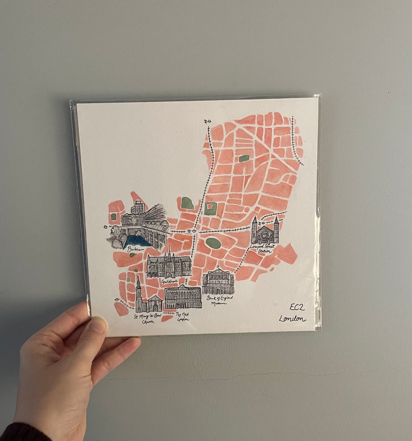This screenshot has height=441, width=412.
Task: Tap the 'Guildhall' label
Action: pos(169,281)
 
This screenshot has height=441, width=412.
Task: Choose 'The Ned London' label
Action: pos(182,316)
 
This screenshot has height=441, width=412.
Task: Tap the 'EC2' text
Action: pos(297,307)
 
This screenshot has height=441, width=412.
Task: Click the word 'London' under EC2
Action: pos(292,318)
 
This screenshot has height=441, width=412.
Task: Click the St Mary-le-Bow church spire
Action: pos(138,284)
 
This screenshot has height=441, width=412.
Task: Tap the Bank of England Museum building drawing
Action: pos(217,282)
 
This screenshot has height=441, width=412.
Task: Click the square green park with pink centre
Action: pos(209,208)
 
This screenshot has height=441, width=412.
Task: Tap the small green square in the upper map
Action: pos(243,158)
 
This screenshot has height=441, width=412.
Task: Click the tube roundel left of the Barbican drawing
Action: pos(106,227)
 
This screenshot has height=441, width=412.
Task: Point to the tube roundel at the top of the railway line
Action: pos(208,122)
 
